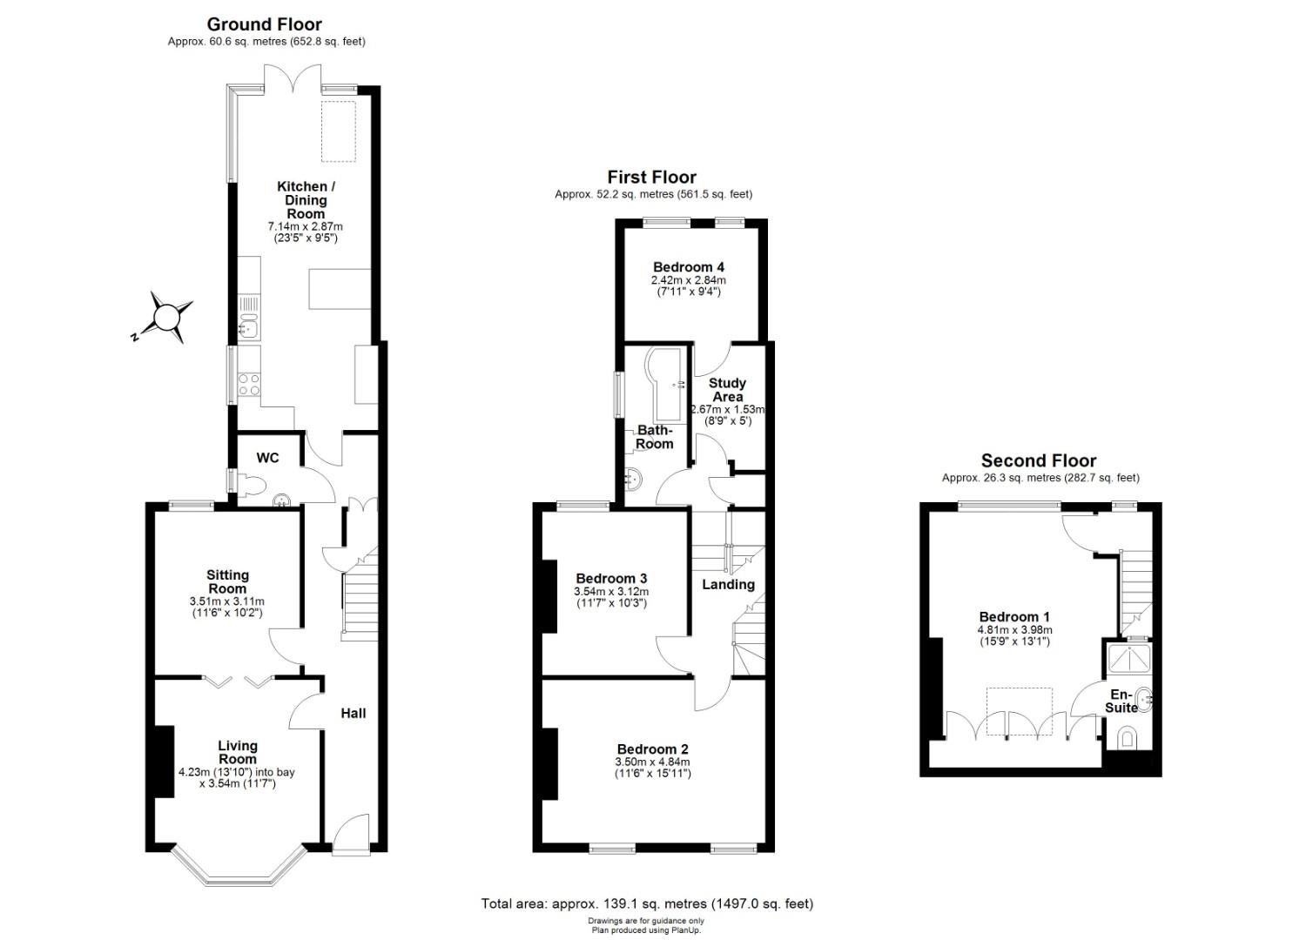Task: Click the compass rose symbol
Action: [x=165, y=318]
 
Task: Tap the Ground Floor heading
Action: [x=265, y=24]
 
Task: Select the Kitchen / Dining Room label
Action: [x=306, y=199]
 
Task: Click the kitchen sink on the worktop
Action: [x=248, y=328]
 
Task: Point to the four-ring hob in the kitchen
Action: [x=249, y=384]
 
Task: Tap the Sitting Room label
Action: [x=227, y=581]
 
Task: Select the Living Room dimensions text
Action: [x=237, y=777]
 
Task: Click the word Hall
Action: [x=353, y=713]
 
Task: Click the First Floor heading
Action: [x=651, y=177]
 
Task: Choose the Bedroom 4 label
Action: [x=688, y=267]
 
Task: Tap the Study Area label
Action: [x=727, y=390]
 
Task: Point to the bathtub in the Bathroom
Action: [x=665, y=383]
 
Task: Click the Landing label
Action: [x=728, y=584]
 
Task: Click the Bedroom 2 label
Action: [x=652, y=749]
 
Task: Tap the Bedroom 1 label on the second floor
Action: [x=1014, y=616]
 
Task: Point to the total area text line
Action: [x=647, y=903]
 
